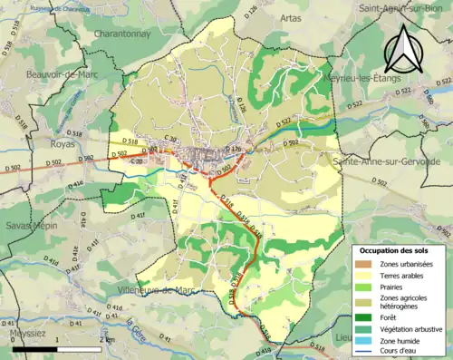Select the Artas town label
coord(290,17)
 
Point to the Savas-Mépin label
coord(30,225)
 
